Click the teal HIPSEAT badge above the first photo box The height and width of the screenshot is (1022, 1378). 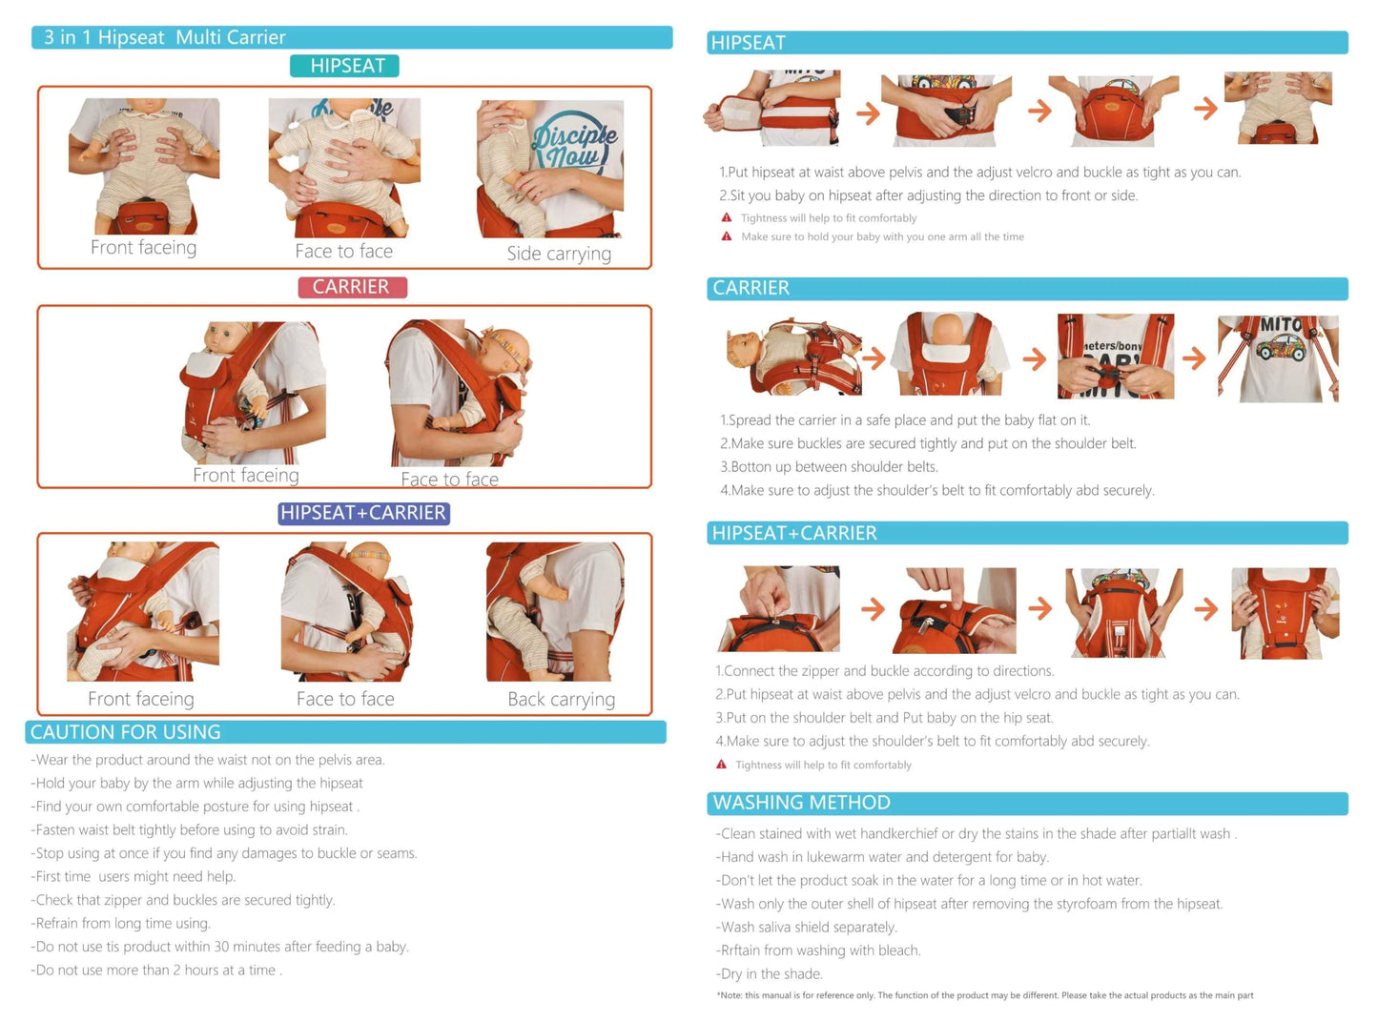(x=344, y=66)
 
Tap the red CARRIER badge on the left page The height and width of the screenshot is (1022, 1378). (x=352, y=287)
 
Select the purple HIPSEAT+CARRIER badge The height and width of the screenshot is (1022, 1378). (x=363, y=513)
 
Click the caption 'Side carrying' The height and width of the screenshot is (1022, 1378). (x=559, y=254)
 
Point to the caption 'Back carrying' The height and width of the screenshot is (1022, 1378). (x=561, y=700)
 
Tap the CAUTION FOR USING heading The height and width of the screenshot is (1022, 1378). (x=126, y=732)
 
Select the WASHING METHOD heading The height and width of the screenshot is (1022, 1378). (x=801, y=803)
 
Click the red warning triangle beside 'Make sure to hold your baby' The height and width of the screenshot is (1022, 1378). (x=727, y=236)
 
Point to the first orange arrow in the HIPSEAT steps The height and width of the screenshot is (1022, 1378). (x=868, y=113)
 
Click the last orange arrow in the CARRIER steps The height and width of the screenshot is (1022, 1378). (x=1194, y=358)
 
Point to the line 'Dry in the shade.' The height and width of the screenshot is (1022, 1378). (x=770, y=974)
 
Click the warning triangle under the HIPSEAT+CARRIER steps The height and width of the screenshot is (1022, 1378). (x=721, y=765)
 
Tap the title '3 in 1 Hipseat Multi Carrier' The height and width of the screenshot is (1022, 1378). (x=165, y=37)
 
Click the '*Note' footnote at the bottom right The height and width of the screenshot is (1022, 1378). (x=985, y=995)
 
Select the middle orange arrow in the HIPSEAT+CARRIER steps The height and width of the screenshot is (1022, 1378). (x=1040, y=609)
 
